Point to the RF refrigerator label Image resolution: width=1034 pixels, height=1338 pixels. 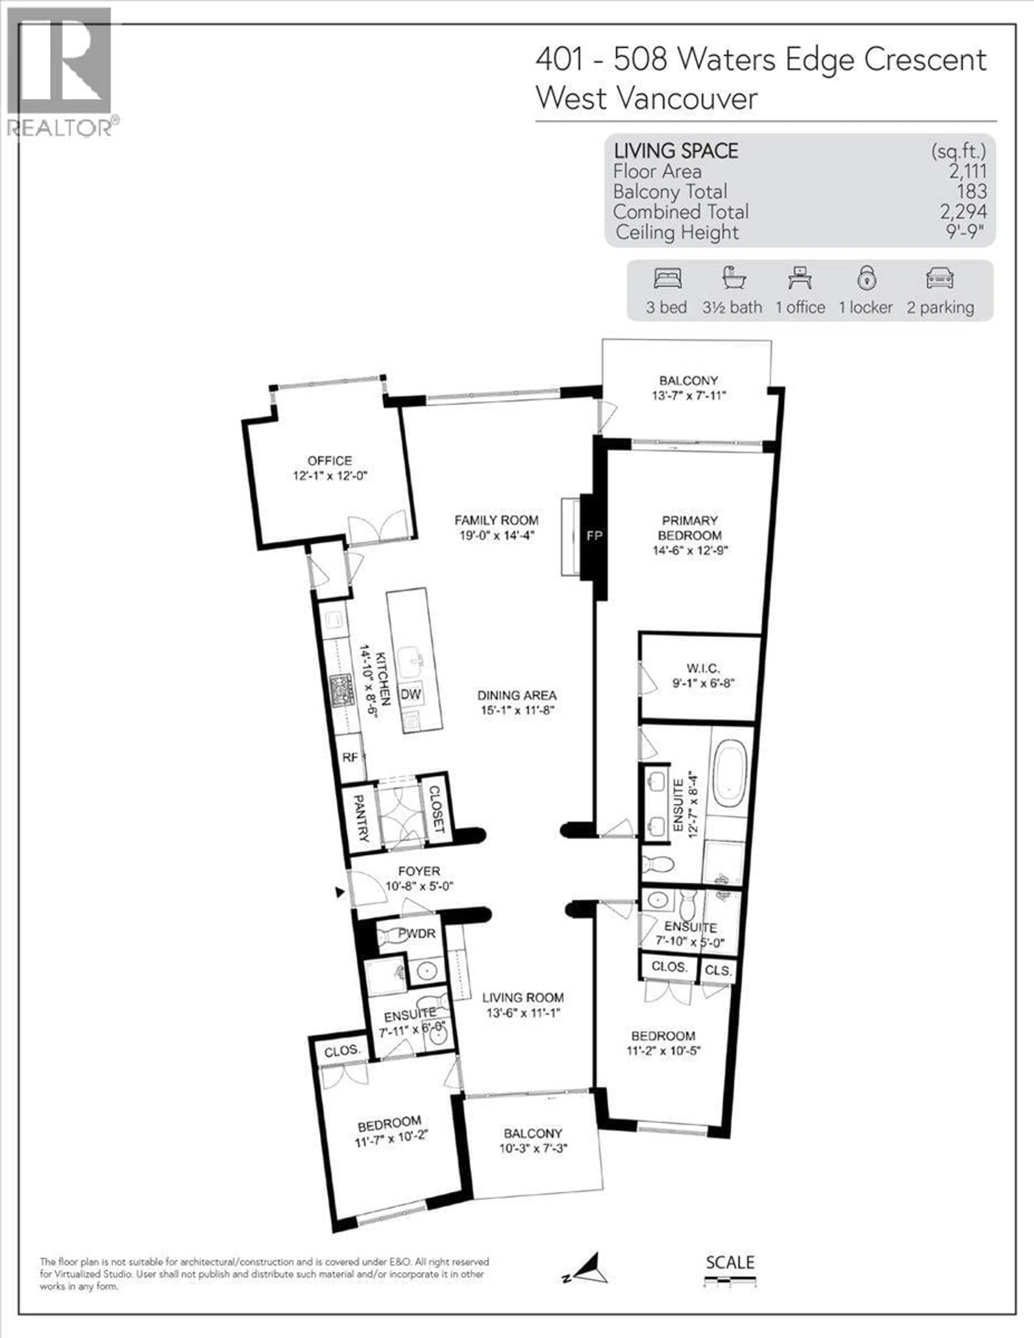[x=350, y=757]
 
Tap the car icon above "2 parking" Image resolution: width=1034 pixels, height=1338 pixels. [x=939, y=279]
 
